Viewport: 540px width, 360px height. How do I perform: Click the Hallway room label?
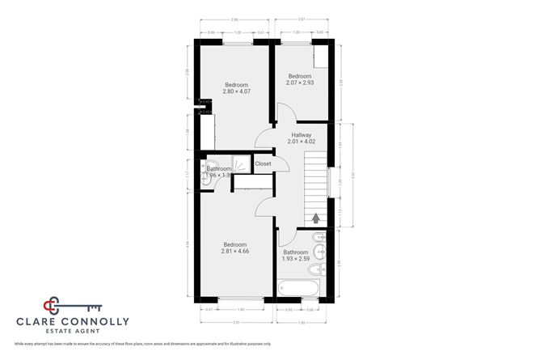tap(301, 135)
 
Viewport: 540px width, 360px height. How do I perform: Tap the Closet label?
tap(263, 164)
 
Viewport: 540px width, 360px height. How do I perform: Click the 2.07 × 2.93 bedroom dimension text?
tap(300, 83)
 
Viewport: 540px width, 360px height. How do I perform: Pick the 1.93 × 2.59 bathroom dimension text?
tap(295, 258)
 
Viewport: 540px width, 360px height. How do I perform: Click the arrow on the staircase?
tap(316, 217)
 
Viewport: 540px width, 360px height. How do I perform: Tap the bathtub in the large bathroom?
tap(299, 287)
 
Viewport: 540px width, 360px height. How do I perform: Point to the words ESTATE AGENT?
tap(73, 332)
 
